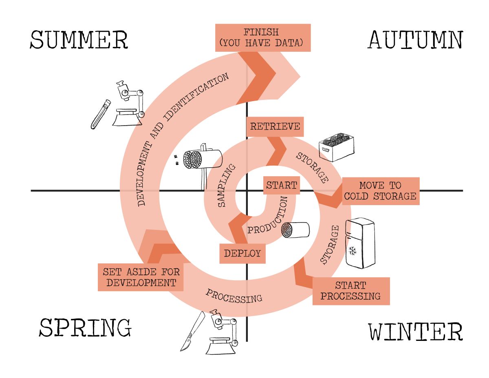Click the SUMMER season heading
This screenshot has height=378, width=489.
coord(79,40)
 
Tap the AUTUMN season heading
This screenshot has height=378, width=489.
coord(416,40)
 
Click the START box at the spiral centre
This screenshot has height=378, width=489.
coord(281,186)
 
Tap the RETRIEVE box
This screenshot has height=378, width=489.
coord(275,126)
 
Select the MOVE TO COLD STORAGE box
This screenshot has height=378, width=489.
coord(380,191)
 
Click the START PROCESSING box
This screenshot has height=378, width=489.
coord(350,291)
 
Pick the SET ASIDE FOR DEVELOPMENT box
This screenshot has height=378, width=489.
coord(141,277)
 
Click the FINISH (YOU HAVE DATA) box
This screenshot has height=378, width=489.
coord(262,38)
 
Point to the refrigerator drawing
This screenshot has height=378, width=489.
coord(359,243)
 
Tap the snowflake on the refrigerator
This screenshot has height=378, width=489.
coord(352,250)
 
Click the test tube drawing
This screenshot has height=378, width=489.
coord(100,115)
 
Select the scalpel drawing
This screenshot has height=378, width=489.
coord(192,331)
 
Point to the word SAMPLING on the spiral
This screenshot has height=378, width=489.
coord(227,186)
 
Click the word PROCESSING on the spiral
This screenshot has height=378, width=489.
coord(233,296)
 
